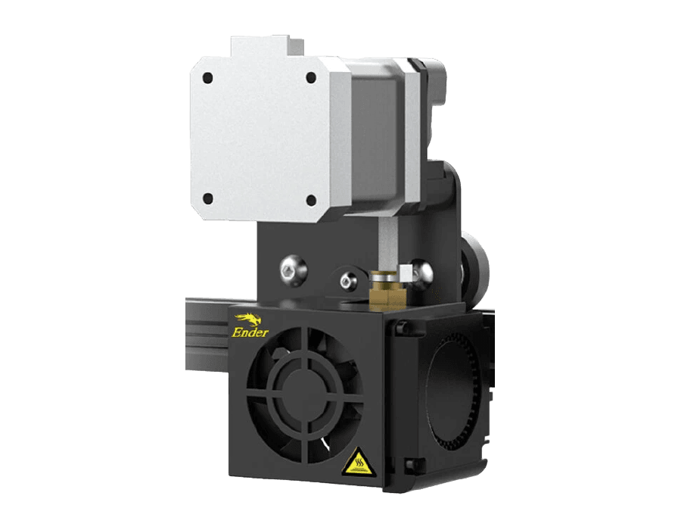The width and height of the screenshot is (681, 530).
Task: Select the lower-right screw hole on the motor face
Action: pyautogui.click(x=311, y=200)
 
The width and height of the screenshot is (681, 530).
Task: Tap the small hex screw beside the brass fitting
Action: pyautogui.click(x=348, y=280)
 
